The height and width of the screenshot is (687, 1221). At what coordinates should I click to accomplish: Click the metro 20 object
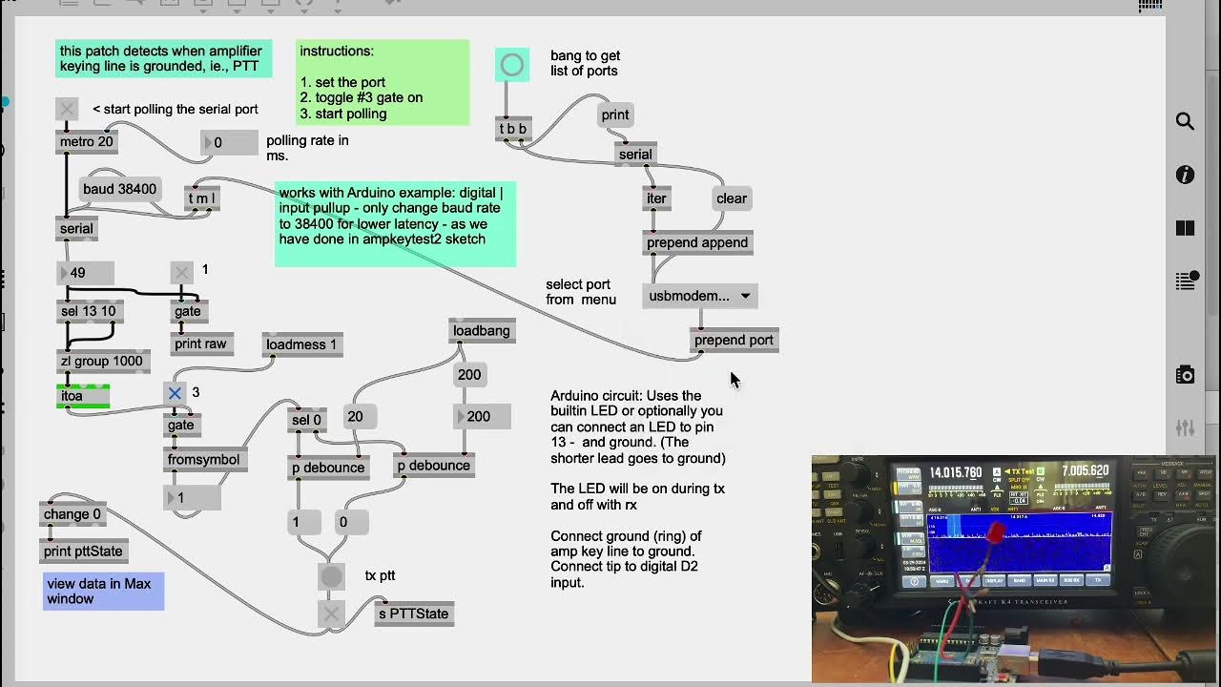pyautogui.click(x=86, y=142)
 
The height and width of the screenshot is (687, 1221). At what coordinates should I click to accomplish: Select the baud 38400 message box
pyautogui.click(x=119, y=189)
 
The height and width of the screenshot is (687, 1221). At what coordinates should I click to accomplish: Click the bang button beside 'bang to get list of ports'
pyautogui.click(x=512, y=65)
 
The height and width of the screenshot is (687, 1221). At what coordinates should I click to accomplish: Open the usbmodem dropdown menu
pyautogui.click(x=699, y=296)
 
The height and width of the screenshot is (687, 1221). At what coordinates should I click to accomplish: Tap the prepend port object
pyautogui.click(x=734, y=340)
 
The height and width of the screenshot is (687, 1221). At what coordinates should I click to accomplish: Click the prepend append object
pyautogui.click(x=697, y=242)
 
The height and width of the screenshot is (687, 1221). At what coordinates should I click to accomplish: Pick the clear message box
pyautogui.click(x=732, y=198)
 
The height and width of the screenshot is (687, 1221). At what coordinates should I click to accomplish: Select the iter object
pyautogui.click(x=656, y=198)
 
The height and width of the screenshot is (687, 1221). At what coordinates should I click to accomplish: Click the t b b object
pyautogui.click(x=512, y=129)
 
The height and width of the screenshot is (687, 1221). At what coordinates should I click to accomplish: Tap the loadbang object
pyautogui.click(x=482, y=331)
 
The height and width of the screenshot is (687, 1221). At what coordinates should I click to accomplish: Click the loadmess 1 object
pyautogui.click(x=301, y=344)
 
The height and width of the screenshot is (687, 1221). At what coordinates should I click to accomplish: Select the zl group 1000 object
pyautogui.click(x=101, y=361)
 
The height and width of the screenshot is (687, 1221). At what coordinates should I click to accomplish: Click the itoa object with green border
pyautogui.click(x=83, y=396)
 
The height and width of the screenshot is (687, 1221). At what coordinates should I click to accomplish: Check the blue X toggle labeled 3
pyautogui.click(x=175, y=392)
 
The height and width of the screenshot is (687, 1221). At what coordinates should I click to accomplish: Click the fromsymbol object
pyautogui.click(x=204, y=459)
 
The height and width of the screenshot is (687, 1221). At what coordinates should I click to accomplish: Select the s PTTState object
pyautogui.click(x=413, y=614)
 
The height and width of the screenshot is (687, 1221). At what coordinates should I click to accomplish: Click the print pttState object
pyautogui.click(x=84, y=551)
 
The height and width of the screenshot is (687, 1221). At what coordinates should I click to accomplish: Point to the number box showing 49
pyautogui.click(x=86, y=273)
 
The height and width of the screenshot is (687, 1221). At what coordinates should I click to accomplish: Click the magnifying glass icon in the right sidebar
pyautogui.click(x=1185, y=121)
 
